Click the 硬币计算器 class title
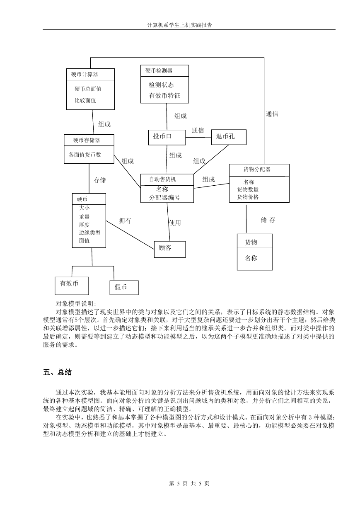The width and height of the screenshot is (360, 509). [85, 75]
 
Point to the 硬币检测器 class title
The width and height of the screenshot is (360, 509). [159, 70]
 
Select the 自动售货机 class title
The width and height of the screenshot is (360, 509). [162, 179]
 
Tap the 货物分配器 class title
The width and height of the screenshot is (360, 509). [257, 169]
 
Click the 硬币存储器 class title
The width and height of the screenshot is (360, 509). [87, 140]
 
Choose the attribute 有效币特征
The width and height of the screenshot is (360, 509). [164, 95]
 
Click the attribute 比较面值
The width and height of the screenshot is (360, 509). [85, 100]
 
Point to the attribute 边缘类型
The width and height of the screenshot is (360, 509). [89, 233]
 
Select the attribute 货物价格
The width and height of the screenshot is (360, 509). [248, 197]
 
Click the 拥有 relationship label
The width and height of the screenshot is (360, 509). [125, 221]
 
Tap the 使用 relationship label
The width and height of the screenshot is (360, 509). [175, 223]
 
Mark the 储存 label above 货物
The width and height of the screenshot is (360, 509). [268, 220]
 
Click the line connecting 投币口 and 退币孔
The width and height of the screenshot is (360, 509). [198, 137]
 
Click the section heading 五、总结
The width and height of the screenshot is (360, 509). [58, 372]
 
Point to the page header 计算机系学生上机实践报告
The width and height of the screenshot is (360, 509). [179, 25]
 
